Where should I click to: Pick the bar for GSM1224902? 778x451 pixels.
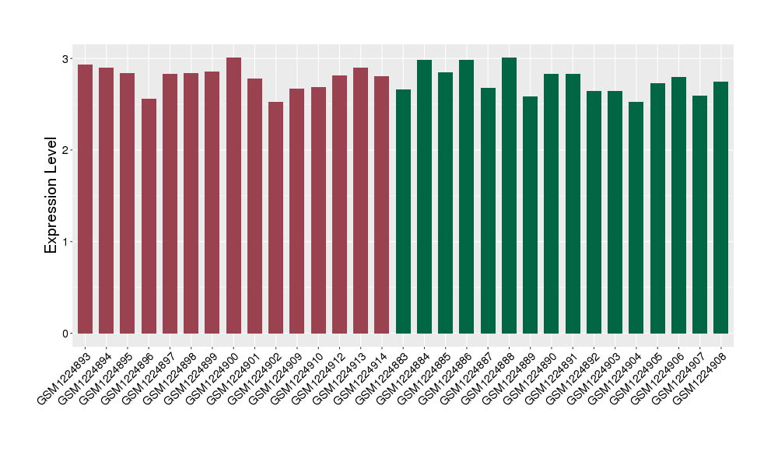276,218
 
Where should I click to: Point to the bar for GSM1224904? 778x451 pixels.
636,218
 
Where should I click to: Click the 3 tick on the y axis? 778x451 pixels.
65,59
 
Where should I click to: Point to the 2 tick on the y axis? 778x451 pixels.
65,150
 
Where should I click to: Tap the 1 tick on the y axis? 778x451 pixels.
65,242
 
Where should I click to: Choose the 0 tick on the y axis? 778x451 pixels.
65,334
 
